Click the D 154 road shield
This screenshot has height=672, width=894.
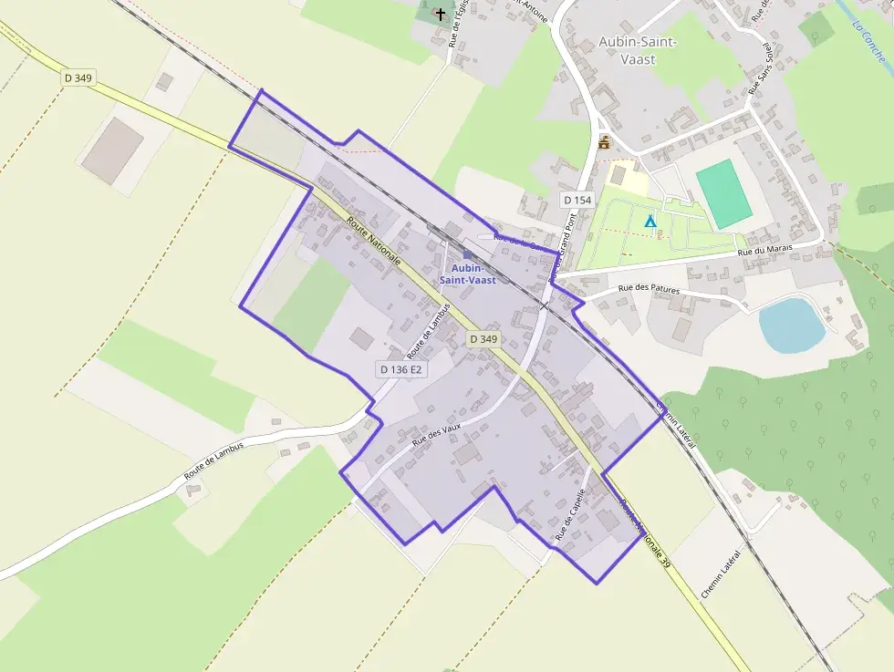(x=577, y=200)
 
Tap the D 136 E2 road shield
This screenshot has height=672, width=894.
(x=401, y=369)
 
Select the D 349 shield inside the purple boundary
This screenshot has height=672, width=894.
(x=483, y=339)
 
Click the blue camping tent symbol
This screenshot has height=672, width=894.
(x=650, y=221)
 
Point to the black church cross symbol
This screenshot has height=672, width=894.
(x=441, y=14)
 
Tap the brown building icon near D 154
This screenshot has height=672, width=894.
(x=603, y=142)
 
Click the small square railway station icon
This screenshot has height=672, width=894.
(x=467, y=255)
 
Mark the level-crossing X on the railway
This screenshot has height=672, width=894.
(x=545, y=305)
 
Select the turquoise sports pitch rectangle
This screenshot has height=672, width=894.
(x=724, y=194)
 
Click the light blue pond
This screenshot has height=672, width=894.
(x=791, y=326)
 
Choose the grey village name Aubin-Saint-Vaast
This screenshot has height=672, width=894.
(x=638, y=49)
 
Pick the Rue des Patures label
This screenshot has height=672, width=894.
(x=649, y=290)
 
